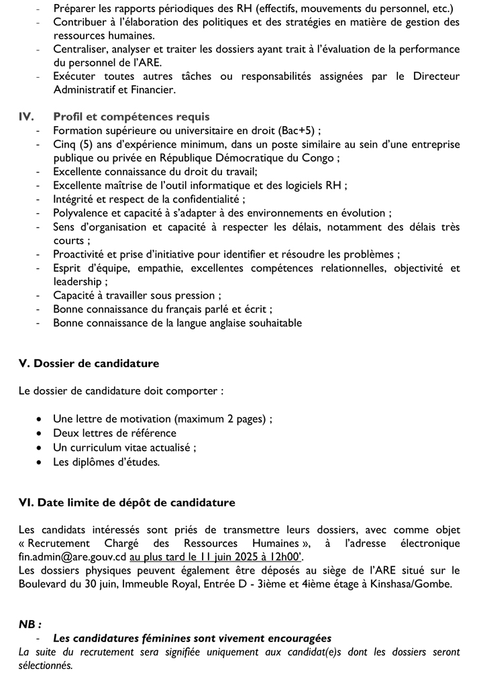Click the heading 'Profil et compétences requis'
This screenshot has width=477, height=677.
pyautogui.click(x=131, y=117)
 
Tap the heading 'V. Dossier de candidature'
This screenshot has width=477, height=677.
pyautogui.click(x=89, y=364)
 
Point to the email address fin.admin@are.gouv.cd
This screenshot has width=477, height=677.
pyautogui.click(x=72, y=556)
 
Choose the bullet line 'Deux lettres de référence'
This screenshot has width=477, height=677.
pyautogui.click(x=115, y=433)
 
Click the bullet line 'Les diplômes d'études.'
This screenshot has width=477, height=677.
pyautogui.click(x=106, y=462)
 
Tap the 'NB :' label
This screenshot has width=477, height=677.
pyautogui.click(x=30, y=624)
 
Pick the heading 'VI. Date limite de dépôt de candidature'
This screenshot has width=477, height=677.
pyautogui.click(x=127, y=502)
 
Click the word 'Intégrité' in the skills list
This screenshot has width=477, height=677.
pyautogui.click(x=75, y=199)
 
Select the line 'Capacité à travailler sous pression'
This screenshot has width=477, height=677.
pyautogui.click(x=137, y=295)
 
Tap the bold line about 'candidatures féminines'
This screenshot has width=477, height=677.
pyautogui.click(x=192, y=638)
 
